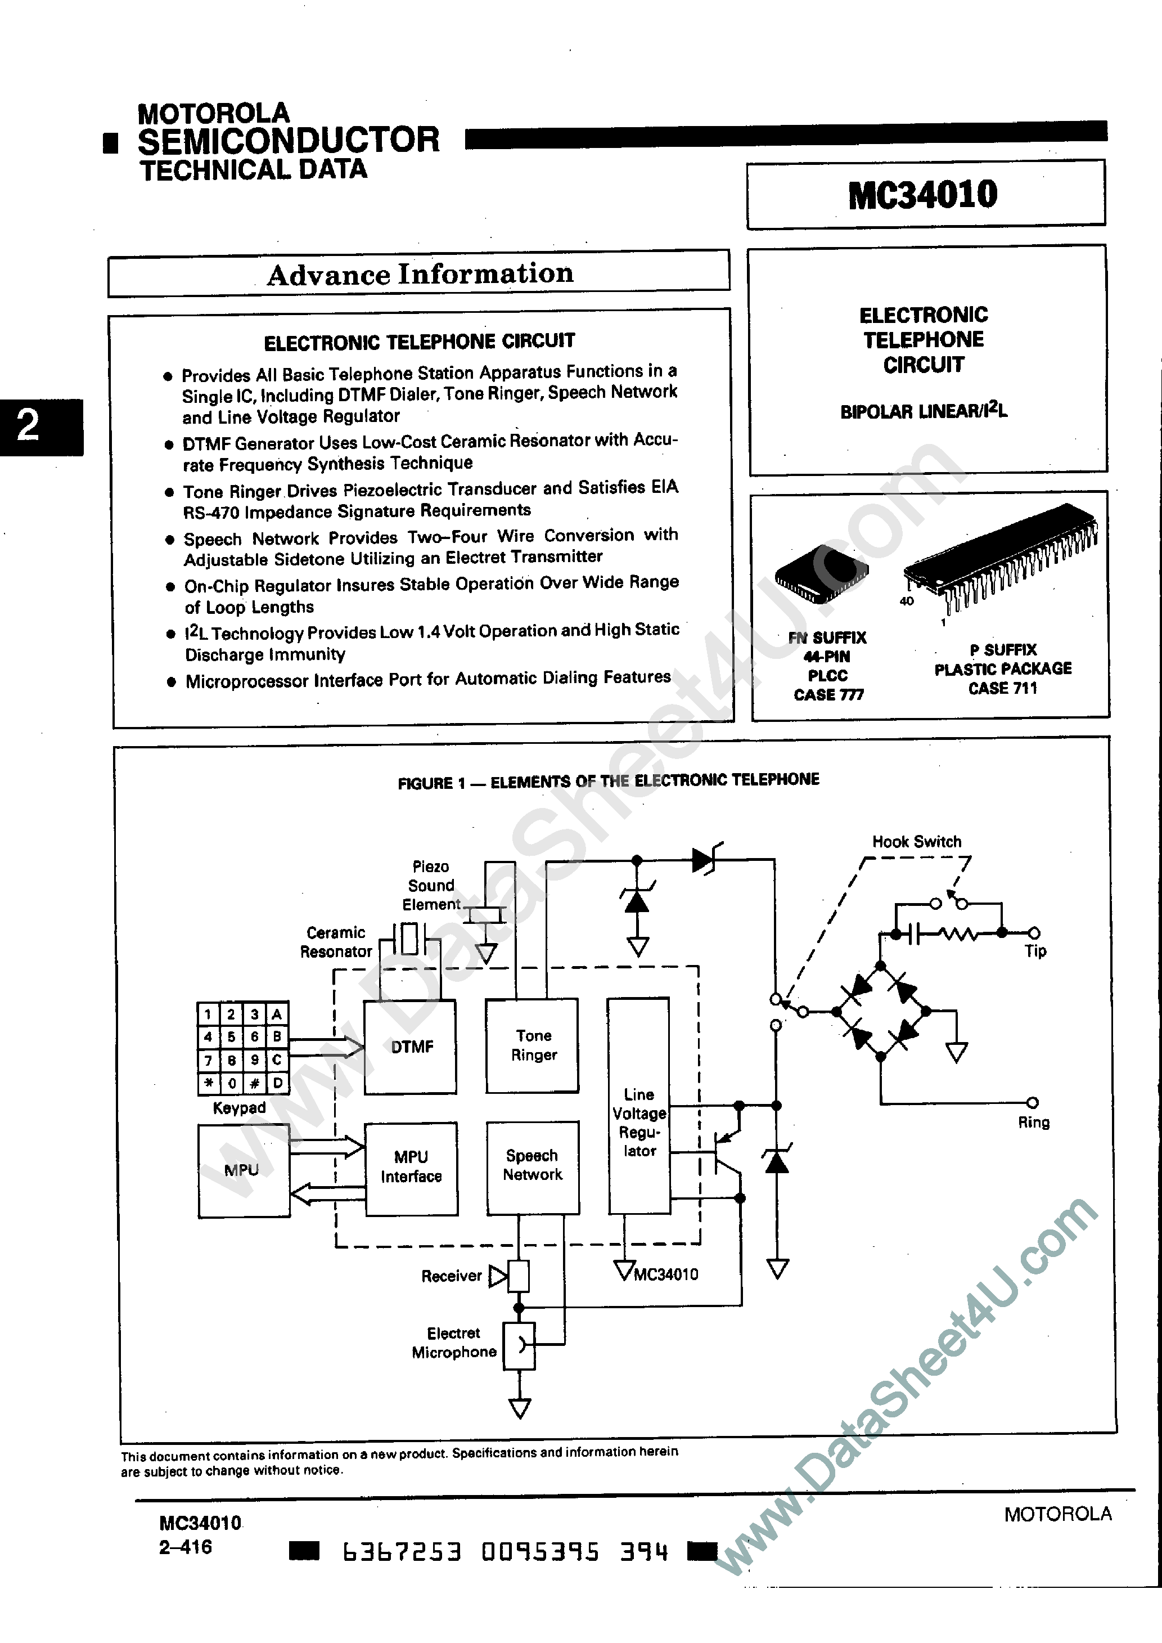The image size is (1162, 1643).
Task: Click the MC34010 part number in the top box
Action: pos(922,195)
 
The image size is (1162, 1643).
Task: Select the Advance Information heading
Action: pos(420,274)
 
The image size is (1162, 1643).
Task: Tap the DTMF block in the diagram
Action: pos(411,1047)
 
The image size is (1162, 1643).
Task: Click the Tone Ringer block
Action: pos(532,1045)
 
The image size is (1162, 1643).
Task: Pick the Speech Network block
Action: pos(532,1166)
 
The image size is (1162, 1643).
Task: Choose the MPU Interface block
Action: pos(411,1167)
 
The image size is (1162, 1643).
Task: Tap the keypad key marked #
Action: pos(254,1083)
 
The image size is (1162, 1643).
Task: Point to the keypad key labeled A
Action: pos(277,1014)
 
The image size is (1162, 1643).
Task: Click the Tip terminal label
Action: pos(1035,951)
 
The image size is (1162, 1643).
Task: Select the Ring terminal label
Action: pos(1033,1122)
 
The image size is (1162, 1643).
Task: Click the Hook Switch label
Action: pos(917,842)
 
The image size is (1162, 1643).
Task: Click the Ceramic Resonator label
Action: pos(336,942)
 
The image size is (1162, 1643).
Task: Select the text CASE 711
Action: pos(1002,688)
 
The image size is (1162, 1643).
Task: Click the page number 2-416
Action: pos(185,1547)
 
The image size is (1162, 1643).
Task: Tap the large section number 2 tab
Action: pos(29,427)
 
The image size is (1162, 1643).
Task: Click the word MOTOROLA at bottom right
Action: pos(1057,1514)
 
